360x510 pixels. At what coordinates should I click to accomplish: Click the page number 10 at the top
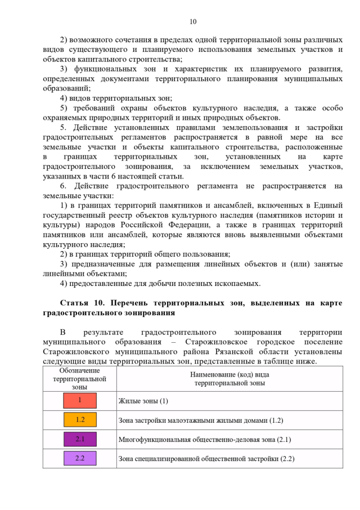pos(193,22)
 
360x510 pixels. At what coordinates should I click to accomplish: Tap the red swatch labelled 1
pos(79,401)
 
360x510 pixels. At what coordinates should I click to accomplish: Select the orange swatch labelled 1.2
pos(79,420)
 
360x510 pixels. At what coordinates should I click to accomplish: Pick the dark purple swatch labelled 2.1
pos(79,439)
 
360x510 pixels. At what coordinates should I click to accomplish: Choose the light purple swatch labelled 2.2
pos(79,458)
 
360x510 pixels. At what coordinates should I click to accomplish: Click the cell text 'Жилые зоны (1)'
pos(143,401)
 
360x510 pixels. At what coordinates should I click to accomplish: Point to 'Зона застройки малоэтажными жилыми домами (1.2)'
pos(201,420)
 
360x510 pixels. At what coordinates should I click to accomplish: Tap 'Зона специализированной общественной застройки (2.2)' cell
pos(206,459)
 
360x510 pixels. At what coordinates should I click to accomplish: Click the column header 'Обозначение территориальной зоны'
pos(79,378)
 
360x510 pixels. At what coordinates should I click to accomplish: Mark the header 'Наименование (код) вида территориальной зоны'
pos(229,378)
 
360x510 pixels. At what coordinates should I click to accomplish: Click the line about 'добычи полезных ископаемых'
pos(160,283)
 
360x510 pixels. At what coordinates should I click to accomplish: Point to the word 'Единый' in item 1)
pos(329,205)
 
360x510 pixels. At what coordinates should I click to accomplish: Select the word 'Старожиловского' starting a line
pos(74,352)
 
